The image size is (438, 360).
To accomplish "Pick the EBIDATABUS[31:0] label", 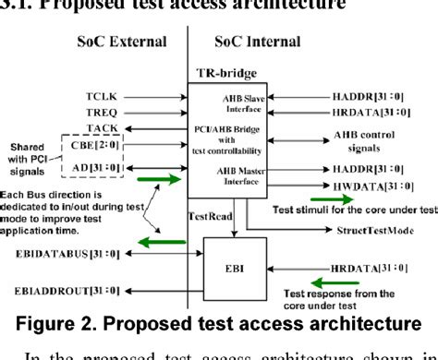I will click(x=89, y=251).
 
